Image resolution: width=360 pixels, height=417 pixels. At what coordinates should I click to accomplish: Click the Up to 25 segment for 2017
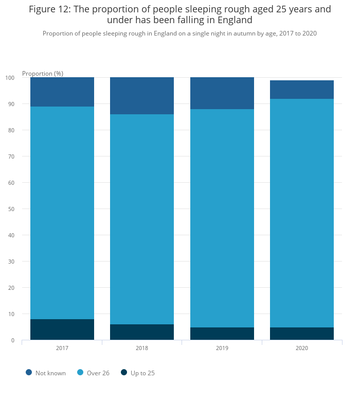(62, 329)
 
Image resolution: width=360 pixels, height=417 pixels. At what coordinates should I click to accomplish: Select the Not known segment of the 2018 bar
(142, 96)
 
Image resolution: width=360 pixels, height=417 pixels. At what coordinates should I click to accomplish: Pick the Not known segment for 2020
(302, 90)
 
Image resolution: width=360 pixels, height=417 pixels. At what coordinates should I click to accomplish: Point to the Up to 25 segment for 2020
(302, 334)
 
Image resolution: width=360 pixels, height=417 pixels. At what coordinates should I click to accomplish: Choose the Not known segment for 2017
(62, 92)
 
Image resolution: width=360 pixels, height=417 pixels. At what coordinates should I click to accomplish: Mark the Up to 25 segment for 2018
(142, 332)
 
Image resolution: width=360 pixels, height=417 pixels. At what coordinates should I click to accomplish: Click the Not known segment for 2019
(222, 93)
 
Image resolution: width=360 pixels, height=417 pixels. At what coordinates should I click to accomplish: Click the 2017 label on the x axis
(62, 349)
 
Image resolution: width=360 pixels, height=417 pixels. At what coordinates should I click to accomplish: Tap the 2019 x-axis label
(222, 349)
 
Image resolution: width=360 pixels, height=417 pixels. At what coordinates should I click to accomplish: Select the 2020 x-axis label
(302, 349)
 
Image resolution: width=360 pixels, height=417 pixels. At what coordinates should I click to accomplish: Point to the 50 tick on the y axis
(11, 209)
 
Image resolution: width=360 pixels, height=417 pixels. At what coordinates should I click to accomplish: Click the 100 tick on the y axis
(10, 78)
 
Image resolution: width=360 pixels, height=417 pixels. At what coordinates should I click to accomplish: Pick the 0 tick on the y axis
(12, 340)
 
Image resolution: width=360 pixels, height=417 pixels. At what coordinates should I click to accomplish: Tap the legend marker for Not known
(29, 373)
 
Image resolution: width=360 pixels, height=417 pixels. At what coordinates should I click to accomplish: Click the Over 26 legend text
(98, 373)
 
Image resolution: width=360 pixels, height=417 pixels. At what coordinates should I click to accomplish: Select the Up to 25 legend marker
(124, 373)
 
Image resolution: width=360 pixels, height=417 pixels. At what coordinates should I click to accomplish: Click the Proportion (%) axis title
(43, 74)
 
